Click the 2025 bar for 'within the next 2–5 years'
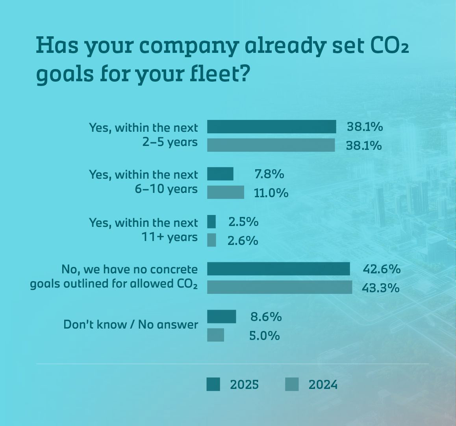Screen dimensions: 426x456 click(271, 127)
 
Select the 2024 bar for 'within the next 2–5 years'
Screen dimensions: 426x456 click(271, 145)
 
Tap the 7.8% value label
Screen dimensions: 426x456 click(269, 174)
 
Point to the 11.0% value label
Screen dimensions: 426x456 click(271, 193)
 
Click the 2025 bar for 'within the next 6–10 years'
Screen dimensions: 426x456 click(220, 174)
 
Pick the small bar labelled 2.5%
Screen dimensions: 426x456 click(211, 222)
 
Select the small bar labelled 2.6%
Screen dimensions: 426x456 click(211, 240)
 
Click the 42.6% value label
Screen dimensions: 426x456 click(381, 269)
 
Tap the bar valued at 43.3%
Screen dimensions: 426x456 click(280, 287)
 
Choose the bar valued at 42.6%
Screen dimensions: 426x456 click(278, 269)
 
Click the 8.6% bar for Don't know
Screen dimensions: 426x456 click(221, 316)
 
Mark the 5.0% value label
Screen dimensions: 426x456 click(264, 336)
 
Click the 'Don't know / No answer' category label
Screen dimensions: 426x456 click(130, 325)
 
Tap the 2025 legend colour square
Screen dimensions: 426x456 click(213, 384)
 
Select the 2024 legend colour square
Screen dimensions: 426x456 click(292, 384)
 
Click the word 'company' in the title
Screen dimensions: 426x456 click(188, 46)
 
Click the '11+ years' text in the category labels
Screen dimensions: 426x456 click(169, 237)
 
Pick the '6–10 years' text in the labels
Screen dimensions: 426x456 click(166, 189)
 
